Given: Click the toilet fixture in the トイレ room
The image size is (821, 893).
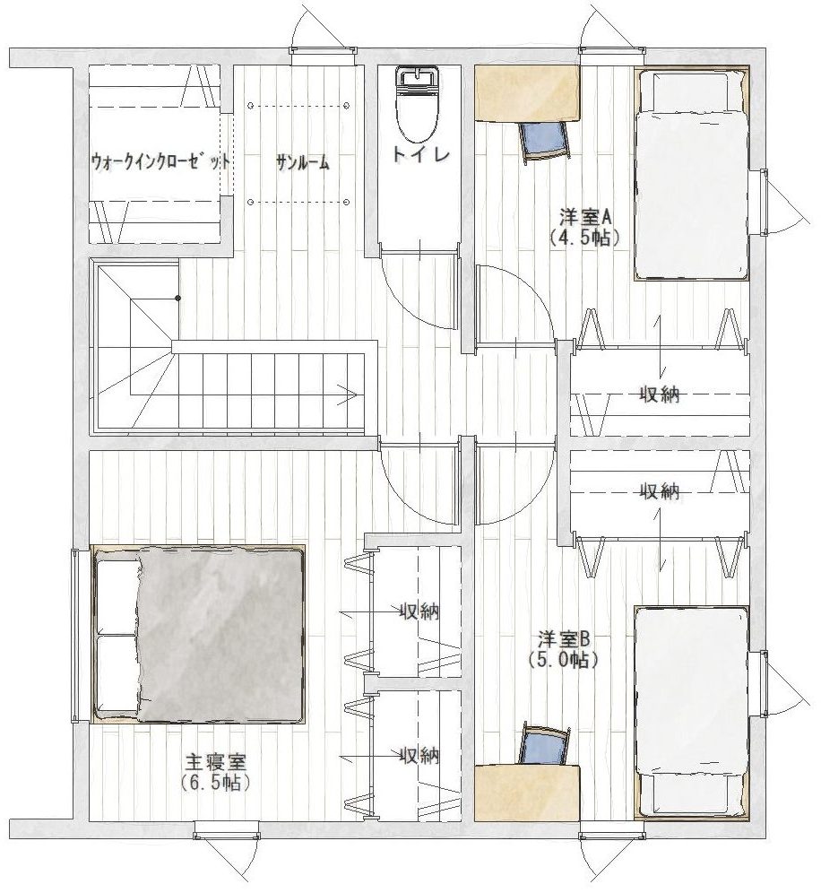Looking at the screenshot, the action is pyautogui.click(x=418, y=106).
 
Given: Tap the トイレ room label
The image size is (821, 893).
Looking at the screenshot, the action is pyautogui.click(x=420, y=155).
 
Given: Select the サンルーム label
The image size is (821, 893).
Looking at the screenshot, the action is pyautogui.click(x=303, y=163).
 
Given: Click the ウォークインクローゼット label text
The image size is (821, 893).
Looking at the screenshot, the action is pyautogui.click(x=161, y=161).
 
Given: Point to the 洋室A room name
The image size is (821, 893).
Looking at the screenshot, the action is pyautogui.click(x=584, y=217).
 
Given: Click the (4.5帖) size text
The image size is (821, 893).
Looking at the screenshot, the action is pyautogui.click(x=584, y=237).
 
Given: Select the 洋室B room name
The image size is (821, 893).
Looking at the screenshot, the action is pyautogui.click(x=566, y=639).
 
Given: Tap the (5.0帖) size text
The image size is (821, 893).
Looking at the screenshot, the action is pyautogui.click(x=563, y=660).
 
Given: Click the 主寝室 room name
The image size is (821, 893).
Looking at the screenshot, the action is pyautogui.click(x=216, y=761).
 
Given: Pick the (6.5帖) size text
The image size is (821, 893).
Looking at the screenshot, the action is pyautogui.click(x=216, y=782).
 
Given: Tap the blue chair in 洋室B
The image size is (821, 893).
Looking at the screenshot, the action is pyautogui.click(x=544, y=745).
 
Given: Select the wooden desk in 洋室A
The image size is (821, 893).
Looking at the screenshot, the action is pyautogui.click(x=527, y=93).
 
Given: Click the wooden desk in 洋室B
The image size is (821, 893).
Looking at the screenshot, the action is pyautogui.click(x=527, y=793).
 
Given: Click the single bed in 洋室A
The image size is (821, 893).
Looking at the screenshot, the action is pyautogui.click(x=691, y=174).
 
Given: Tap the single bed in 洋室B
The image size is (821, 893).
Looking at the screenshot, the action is pyautogui.click(x=691, y=713).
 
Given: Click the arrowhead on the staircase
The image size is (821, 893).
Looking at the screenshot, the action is pyautogui.click(x=349, y=394).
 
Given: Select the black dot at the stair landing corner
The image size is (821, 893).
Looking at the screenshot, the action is pyautogui.click(x=178, y=298).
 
